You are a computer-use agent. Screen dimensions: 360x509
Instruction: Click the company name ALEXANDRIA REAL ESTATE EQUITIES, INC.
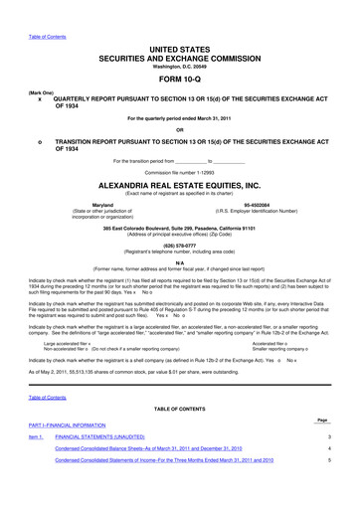[x=179, y=184]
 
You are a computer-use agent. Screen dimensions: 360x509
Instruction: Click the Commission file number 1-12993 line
[x=179, y=172]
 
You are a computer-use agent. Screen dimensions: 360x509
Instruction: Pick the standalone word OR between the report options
[x=179, y=130]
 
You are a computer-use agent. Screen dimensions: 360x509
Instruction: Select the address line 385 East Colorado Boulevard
[x=179, y=227]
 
